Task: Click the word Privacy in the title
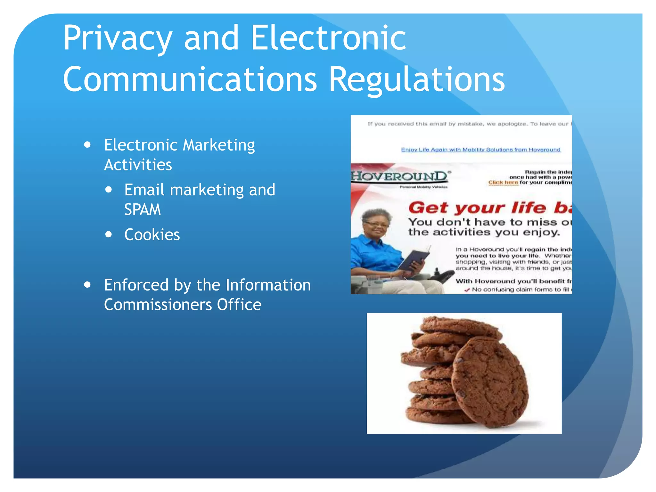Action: click(117, 38)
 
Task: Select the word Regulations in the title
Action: click(417, 79)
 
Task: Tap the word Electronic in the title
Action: click(329, 38)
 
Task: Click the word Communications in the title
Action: click(190, 79)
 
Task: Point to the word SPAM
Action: click(143, 210)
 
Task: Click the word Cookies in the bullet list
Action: click(152, 235)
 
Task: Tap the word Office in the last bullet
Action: click(239, 305)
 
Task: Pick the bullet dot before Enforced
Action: click(87, 285)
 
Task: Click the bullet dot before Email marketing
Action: click(109, 190)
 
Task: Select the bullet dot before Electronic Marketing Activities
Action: click(87, 145)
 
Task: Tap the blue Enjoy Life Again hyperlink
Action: click(481, 150)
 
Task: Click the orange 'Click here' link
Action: click(503, 183)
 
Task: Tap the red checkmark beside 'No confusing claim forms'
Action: click(467, 290)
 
